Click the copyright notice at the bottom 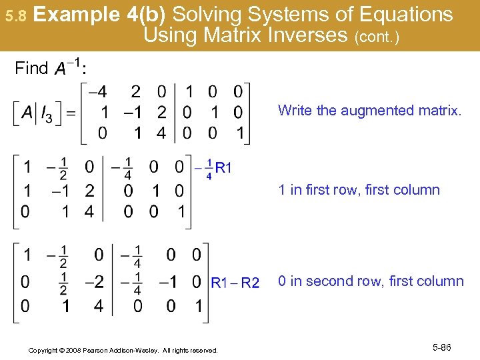123,350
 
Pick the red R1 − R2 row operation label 235,283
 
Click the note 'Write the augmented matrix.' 369,110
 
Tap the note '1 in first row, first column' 359,189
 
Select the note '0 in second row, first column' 371,281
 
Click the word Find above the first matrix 31,68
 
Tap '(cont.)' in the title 377,37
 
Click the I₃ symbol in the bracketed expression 46,115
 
